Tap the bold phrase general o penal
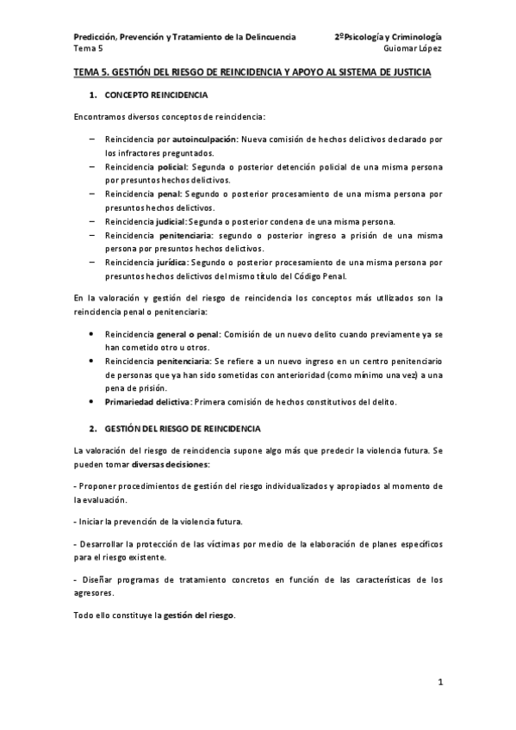[x=189, y=332]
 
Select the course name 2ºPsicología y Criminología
[x=389, y=37]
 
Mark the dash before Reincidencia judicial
[x=92, y=221]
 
